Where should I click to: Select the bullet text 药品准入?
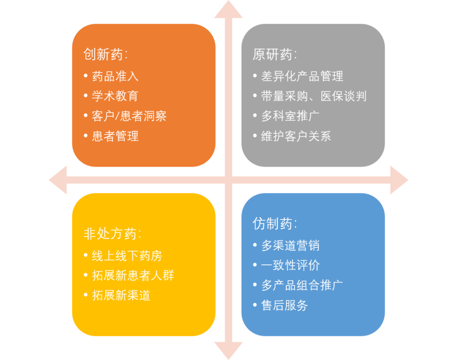coord(115,76)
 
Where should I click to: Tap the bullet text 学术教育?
coord(115,96)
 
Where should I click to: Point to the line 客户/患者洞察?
coord(129,116)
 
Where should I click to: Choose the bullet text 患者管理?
coord(115,136)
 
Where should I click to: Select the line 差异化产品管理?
coord(302,76)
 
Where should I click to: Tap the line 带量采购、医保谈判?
coord(314,96)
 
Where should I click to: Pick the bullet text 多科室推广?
coord(290,116)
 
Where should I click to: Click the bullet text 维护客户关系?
coord(296,136)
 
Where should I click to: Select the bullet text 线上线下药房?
coord(127,256)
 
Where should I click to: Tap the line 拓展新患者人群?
coord(133,275)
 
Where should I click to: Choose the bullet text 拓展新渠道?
coord(121,295)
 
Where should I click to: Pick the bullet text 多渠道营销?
coord(290,245)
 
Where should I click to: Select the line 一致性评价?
coord(290,265)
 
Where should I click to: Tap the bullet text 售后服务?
coord(284,305)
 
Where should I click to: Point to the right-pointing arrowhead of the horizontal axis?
coord(399,180)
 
